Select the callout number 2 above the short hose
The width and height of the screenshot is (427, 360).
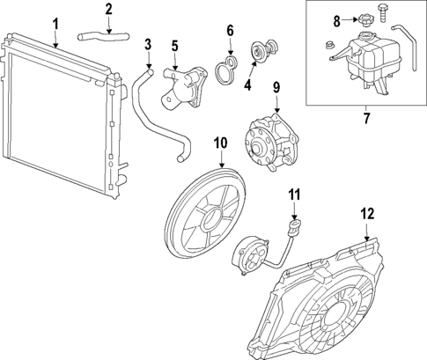[108, 10]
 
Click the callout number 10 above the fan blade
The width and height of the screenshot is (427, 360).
[220, 141]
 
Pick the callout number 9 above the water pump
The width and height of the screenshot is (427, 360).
[276, 87]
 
